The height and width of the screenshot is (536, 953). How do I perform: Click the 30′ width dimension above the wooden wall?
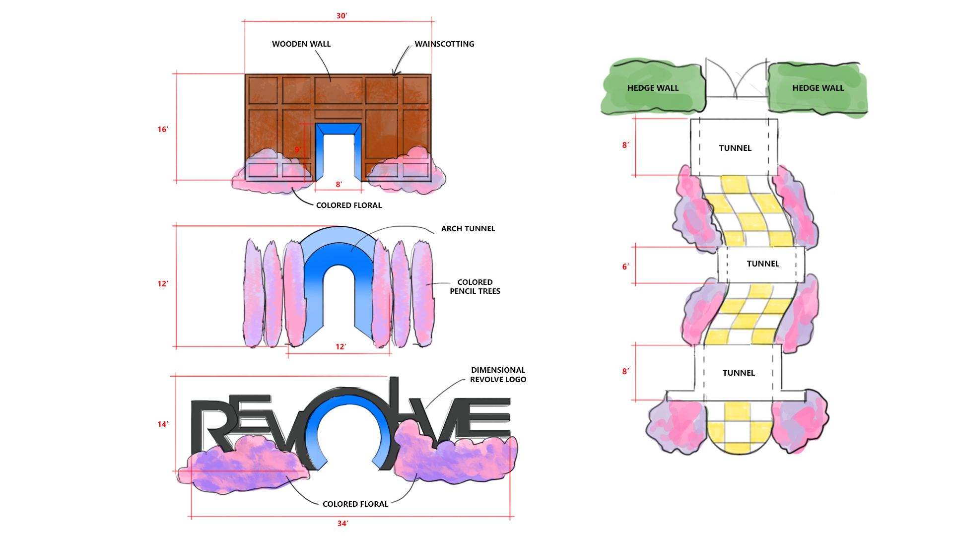pos(341,16)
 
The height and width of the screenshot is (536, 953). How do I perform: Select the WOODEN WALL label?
pos(301,44)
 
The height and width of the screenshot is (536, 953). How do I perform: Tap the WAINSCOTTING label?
pos(444,44)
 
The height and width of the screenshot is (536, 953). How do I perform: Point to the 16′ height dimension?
pos(163,130)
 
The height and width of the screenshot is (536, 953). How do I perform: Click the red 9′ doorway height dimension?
pos(298,149)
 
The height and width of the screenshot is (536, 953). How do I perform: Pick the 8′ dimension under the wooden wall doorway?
pos(339,185)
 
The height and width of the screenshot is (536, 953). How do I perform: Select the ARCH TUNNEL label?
pos(468,229)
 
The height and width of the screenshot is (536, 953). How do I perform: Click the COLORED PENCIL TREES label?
pos(475,287)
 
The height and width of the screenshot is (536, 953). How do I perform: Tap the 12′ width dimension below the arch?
pos(340,347)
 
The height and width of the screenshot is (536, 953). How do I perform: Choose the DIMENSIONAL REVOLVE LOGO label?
pos(498,375)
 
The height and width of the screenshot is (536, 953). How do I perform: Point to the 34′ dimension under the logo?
pos(342,524)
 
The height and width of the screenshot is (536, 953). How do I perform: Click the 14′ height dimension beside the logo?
pos(163,424)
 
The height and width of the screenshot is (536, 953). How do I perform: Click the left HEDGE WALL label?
pos(653,88)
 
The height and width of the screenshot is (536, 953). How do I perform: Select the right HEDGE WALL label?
pos(818,88)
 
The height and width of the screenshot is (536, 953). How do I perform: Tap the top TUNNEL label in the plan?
pos(735,148)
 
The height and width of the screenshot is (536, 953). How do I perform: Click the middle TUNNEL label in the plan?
pos(763,264)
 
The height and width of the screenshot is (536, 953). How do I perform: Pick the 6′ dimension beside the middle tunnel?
pos(625,267)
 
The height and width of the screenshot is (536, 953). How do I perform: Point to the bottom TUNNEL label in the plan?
pos(739,373)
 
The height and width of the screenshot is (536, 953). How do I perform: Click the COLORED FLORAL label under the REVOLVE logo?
pos(355,504)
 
